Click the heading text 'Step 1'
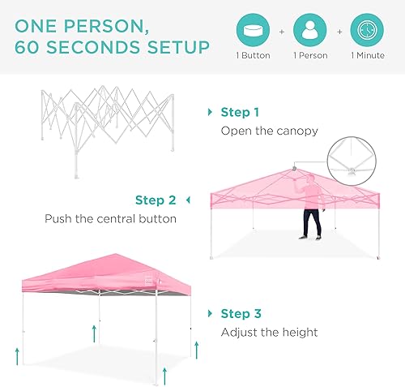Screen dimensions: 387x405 click(241, 112)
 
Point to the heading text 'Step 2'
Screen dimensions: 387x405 click(156, 200)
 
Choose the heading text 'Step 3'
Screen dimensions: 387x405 click(241, 313)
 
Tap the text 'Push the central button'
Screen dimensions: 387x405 click(111, 219)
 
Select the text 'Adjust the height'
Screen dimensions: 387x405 click(269, 332)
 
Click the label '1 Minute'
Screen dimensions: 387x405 click(368, 56)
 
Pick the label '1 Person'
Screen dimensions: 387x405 click(311, 56)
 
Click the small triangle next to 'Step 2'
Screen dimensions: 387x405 click(188, 200)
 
